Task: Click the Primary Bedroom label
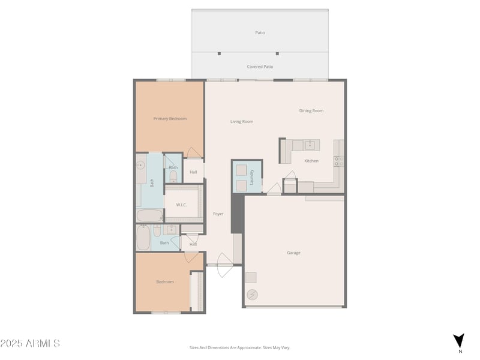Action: point(170,119)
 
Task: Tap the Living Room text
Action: point(242,122)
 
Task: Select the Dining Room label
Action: point(311,110)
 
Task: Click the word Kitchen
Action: point(311,161)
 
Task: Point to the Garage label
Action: point(293,253)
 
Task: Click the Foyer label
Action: point(218,214)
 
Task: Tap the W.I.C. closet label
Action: point(181,205)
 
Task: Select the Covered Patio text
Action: point(260,67)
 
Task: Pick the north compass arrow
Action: point(459,340)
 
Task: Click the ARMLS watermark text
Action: point(30,343)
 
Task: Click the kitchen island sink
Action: point(310,145)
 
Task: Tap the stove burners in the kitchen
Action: point(338,161)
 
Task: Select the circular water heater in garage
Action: point(253,294)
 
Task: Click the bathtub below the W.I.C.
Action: point(149,215)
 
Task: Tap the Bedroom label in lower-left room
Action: point(165,282)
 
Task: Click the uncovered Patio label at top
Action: point(260,32)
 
